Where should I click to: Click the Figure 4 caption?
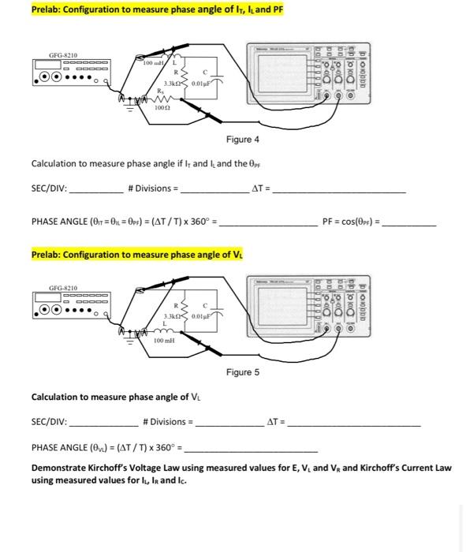click(x=242, y=140)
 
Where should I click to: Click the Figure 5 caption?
click(x=242, y=371)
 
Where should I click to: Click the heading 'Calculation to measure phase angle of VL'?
click(x=110, y=397)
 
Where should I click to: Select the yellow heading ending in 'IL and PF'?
click(x=157, y=9)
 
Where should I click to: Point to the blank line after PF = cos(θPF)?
click(x=409, y=223)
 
